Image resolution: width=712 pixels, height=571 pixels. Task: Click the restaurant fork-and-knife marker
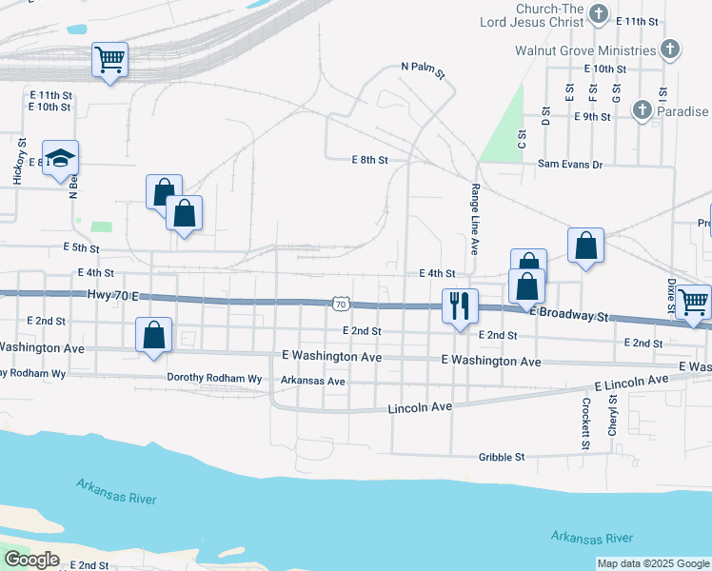pyautogui.click(x=460, y=306)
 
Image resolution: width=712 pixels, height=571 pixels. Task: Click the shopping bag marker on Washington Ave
pyautogui.click(x=153, y=335)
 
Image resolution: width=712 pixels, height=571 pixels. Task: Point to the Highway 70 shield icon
pyautogui.click(x=340, y=304)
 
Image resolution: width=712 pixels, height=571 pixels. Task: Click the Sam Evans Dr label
pyautogui.click(x=570, y=165)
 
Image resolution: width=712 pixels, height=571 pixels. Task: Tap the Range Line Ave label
pyautogui.click(x=473, y=220)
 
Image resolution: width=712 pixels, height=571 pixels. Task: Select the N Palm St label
pyautogui.click(x=423, y=69)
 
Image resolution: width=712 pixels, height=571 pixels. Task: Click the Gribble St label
pyautogui.click(x=501, y=457)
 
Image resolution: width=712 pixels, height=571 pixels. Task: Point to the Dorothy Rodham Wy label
pyautogui.click(x=214, y=378)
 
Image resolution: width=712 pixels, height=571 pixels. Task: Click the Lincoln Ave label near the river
pyautogui.click(x=420, y=407)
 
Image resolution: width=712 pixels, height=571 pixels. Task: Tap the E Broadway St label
pyautogui.click(x=568, y=313)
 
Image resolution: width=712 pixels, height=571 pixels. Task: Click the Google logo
pyautogui.click(x=31, y=560)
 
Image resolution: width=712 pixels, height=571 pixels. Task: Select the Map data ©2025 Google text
pyautogui.click(x=652, y=563)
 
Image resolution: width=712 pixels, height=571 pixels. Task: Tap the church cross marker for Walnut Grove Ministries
pyautogui.click(x=670, y=49)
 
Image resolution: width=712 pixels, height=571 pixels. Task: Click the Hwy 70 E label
pyautogui.click(x=112, y=296)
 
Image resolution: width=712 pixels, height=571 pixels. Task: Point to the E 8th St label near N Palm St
pyautogui.click(x=369, y=160)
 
